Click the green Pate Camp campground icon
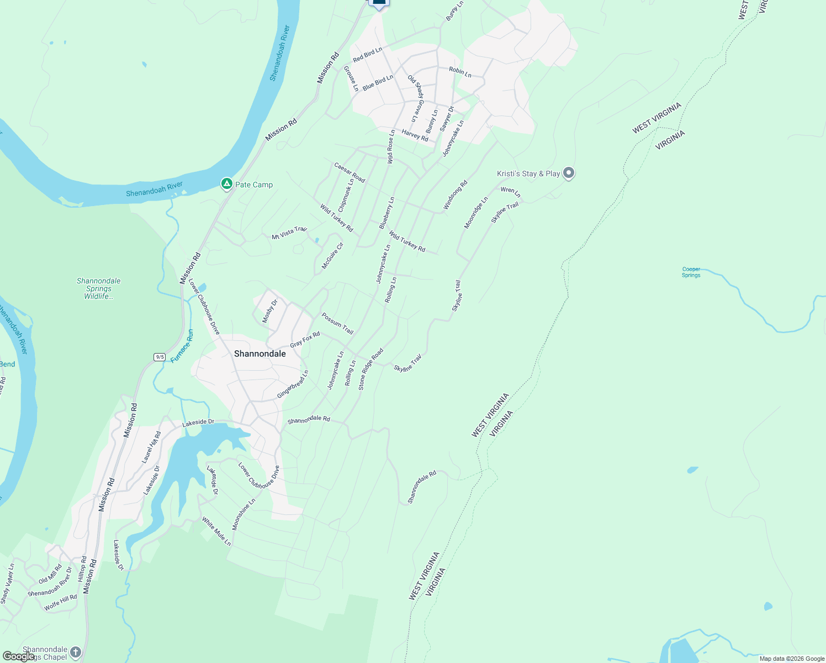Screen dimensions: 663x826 tap(226, 184)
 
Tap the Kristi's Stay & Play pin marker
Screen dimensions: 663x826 tap(569, 173)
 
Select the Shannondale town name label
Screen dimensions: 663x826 tap(260, 354)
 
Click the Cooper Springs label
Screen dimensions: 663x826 tap(691, 272)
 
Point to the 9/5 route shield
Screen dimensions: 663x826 tap(160, 357)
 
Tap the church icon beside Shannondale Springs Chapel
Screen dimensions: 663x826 tap(76, 653)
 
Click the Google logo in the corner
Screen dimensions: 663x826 tap(18, 656)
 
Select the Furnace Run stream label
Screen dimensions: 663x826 tap(182, 346)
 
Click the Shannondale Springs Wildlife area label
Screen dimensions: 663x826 tap(98, 288)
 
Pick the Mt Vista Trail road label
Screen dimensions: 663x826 tap(289, 233)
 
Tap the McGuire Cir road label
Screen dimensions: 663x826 tap(332, 256)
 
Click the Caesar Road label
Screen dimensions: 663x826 tap(350, 172)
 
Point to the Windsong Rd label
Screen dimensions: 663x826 tap(455, 195)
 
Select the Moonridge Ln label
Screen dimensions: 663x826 tap(475, 213)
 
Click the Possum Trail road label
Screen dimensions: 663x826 tap(337, 324)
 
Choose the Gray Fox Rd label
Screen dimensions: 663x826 tap(305, 339)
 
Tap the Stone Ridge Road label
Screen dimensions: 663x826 tap(370, 369)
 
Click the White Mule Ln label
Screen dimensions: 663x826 tap(216, 531)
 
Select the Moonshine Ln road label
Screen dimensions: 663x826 tap(243, 514)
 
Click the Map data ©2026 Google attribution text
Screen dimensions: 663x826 tap(792, 659)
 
